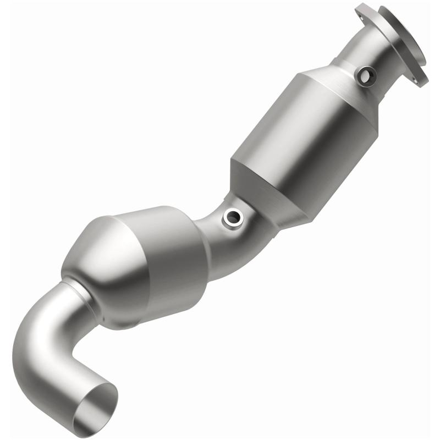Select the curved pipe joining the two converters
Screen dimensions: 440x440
click(220, 237)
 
